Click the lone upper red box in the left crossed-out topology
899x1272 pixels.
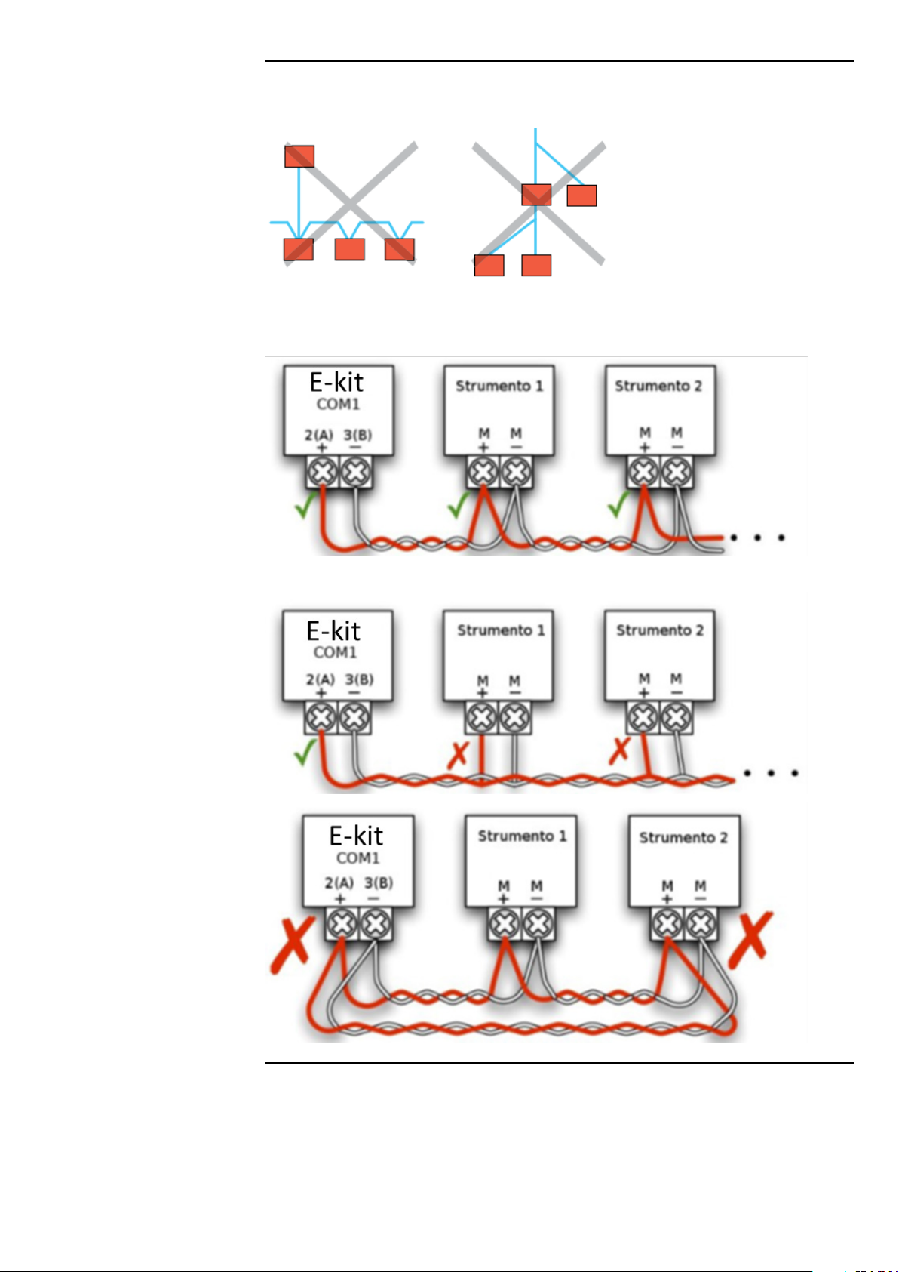pos(299,156)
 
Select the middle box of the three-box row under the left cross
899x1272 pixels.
pos(349,249)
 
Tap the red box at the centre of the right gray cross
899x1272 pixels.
pos(536,195)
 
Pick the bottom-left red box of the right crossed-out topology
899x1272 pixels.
pos(489,265)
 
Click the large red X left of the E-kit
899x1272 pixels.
pos(293,945)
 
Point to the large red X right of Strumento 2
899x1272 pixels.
pos(750,940)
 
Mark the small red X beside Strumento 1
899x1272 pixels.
pos(458,755)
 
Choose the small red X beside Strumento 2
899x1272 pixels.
pos(619,750)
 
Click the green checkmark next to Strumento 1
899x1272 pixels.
pos(459,505)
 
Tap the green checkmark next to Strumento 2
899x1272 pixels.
pos(618,504)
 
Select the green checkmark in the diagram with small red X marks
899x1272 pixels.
pos(305,753)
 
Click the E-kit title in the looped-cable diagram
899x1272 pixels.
pos(356,836)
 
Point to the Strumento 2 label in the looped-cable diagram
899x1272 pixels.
pos(683,838)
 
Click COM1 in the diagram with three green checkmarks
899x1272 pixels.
pos(338,405)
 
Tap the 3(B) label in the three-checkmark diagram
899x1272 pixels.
pos(357,435)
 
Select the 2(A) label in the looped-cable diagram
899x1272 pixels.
pos(339,883)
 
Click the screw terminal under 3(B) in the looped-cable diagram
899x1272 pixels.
pos(375,924)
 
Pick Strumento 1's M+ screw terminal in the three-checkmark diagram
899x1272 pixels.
pos(483,472)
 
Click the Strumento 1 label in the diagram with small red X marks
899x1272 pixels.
pos(501,630)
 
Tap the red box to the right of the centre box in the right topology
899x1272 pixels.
pos(581,196)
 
